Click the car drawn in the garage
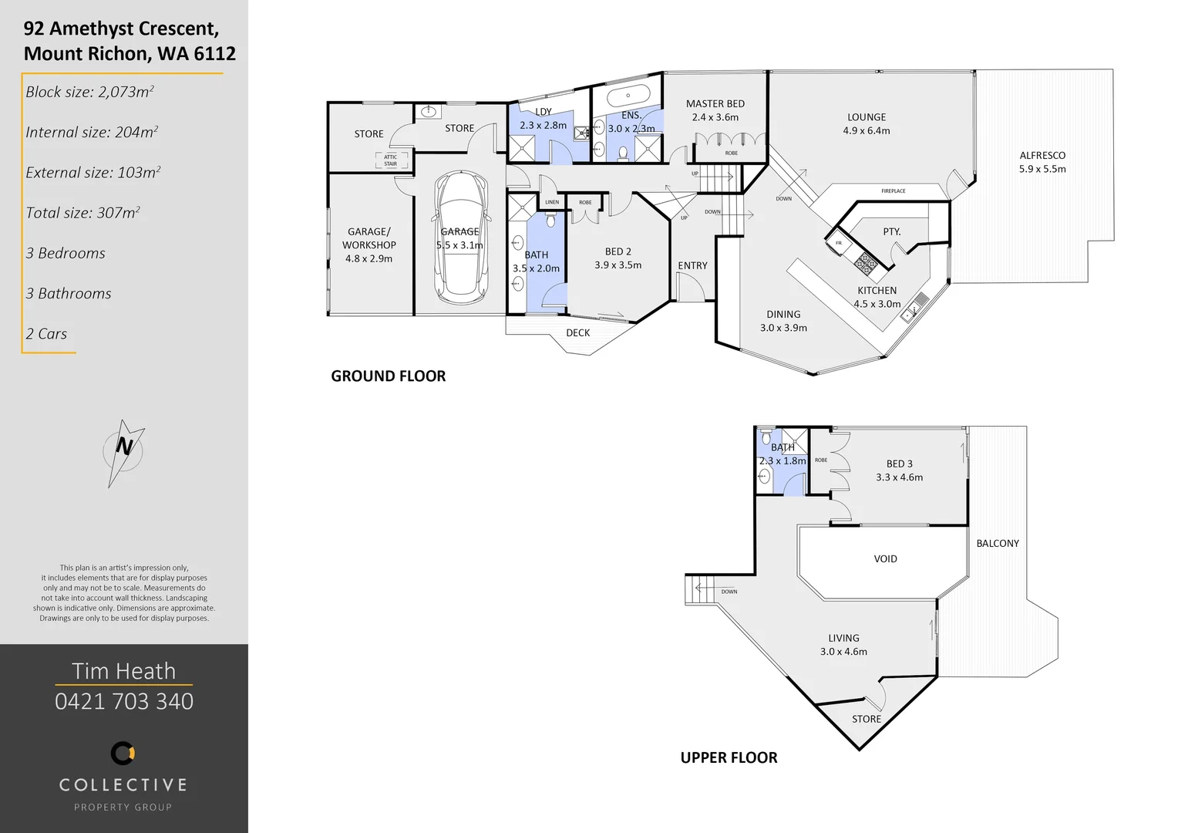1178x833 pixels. (x=460, y=239)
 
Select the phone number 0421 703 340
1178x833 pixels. (x=124, y=701)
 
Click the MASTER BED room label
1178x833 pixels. (x=715, y=104)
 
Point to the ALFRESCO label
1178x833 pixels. (x=1042, y=156)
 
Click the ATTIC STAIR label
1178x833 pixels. (x=391, y=160)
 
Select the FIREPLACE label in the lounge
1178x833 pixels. (x=894, y=191)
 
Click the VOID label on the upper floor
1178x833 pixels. (x=885, y=559)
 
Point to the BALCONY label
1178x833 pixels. (x=998, y=544)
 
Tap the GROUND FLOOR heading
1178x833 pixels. (x=389, y=376)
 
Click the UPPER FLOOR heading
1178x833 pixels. (x=729, y=758)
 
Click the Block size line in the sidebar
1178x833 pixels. (x=89, y=93)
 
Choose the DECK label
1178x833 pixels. (x=578, y=333)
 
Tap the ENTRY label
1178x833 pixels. (x=692, y=266)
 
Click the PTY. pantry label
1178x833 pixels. (x=892, y=232)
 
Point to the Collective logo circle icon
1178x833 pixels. (x=123, y=753)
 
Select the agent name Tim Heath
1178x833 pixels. (x=124, y=671)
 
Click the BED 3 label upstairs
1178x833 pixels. (x=899, y=464)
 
